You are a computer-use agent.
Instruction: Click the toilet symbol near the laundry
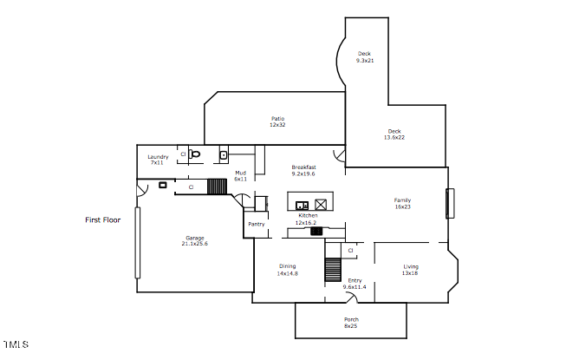[x=195, y=154]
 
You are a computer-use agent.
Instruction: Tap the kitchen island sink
[x=302, y=205]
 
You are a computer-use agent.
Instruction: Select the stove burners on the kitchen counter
[x=316, y=232]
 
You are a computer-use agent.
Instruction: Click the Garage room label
[x=195, y=238]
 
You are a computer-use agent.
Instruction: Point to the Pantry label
[x=257, y=224]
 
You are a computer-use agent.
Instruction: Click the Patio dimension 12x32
[x=277, y=125]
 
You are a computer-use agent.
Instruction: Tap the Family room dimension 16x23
[x=402, y=206]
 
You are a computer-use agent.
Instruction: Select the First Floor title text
[x=102, y=220]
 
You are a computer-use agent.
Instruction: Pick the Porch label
[x=351, y=319]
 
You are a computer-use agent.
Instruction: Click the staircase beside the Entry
[x=333, y=270]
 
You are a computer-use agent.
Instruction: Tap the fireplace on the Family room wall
[x=450, y=203]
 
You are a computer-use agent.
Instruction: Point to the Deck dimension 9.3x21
[x=365, y=60]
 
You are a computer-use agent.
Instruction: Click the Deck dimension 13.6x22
[x=394, y=138]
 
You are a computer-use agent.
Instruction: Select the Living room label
[x=411, y=266]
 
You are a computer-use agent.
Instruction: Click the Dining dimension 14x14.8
[x=287, y=273]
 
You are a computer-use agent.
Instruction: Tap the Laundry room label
[x=158, y=157]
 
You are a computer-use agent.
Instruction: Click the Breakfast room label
[x=303, y=167]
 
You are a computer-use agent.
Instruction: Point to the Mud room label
[x=240, y=173]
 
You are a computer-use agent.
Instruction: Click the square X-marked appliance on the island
[x=321, y=205]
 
